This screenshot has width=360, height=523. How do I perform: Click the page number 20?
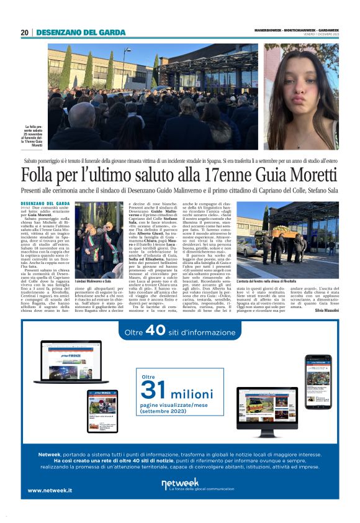coord(24,33)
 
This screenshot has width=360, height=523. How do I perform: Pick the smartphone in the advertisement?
coord(317,380)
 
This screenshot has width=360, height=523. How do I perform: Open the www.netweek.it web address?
coord(50,490)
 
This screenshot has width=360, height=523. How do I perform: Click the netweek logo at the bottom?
coord(180,484)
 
